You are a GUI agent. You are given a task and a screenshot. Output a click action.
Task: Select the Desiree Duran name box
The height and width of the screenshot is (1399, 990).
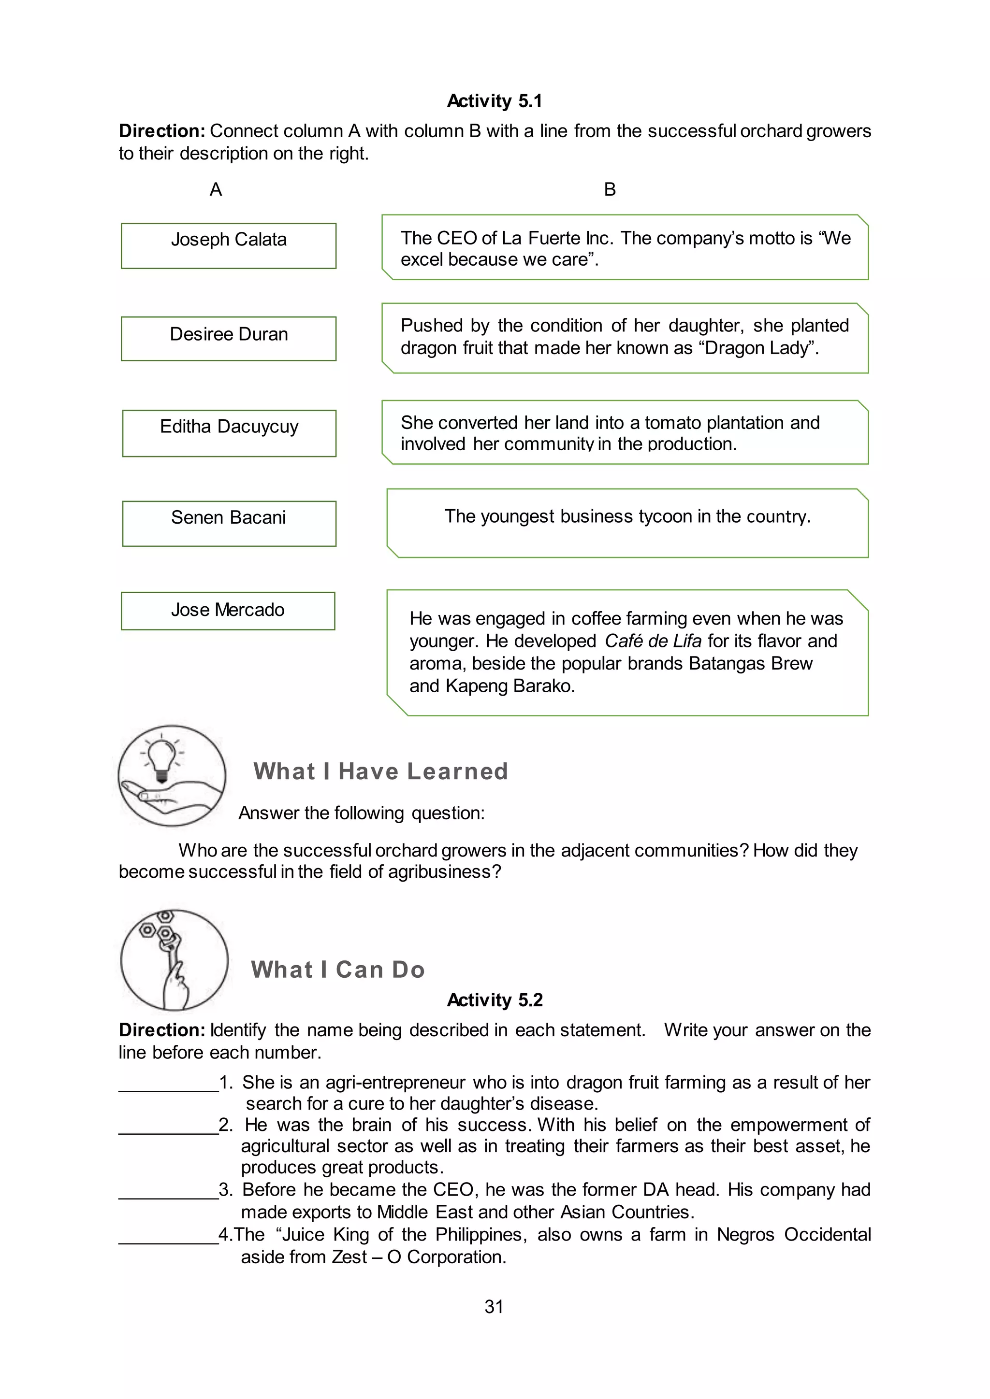229,338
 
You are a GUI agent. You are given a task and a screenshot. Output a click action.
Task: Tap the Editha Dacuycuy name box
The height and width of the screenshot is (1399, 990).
229,433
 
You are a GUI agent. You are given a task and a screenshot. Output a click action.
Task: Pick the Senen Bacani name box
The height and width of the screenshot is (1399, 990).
229,523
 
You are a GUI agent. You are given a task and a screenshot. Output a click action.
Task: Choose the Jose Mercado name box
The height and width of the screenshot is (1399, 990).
228,611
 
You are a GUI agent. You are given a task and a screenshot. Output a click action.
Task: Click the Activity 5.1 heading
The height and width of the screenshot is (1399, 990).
495,100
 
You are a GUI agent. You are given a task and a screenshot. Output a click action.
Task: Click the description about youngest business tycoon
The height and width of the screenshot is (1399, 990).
627,517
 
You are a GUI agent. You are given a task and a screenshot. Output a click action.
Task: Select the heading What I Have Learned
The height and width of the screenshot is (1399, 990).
380,771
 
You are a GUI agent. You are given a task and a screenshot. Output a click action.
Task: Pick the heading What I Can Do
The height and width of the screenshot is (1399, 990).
338,970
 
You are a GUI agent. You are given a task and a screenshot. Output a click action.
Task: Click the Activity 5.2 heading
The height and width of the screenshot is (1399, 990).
495,1000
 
